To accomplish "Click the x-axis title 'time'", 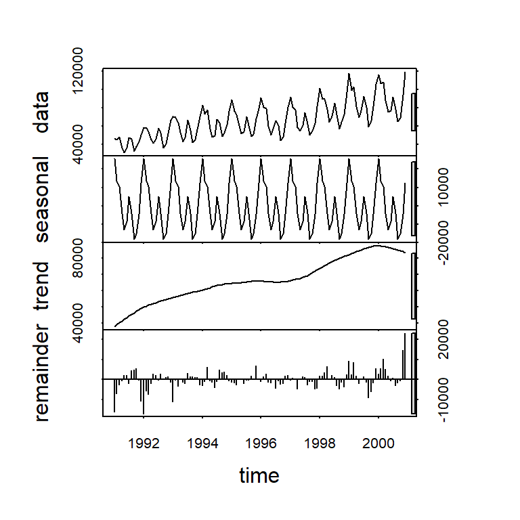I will (x=259, y=476).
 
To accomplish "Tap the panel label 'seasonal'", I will (x=43, y=199).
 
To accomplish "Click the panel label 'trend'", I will (x=43, y=284).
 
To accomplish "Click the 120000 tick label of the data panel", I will (x=85, y=71).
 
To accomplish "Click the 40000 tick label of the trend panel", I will (x=85, y=327).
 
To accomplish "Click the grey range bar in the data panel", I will (x=413, y=111).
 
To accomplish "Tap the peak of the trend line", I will (x=378, y=246).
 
